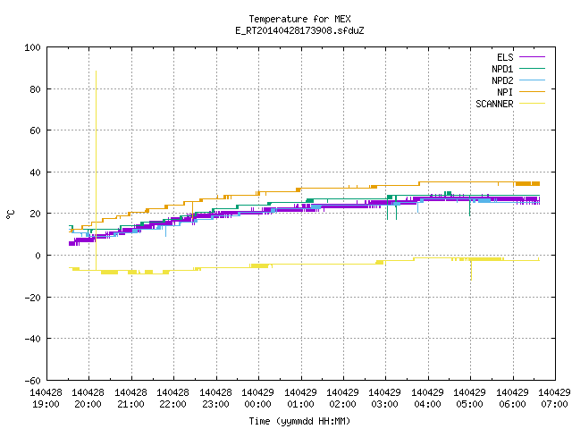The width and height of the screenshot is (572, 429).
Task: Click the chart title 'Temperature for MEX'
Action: point(299,19)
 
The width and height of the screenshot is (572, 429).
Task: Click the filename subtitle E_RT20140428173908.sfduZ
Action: point(299,30)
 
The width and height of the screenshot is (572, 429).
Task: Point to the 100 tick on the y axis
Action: point(32,47)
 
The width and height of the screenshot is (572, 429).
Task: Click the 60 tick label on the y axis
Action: point(35,130)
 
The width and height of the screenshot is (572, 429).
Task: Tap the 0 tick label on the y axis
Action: point(38,256)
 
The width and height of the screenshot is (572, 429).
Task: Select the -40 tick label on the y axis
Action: point(32,339)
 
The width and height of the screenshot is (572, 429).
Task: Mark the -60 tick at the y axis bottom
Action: point(32,381)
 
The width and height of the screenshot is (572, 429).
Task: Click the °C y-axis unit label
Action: point(10,214)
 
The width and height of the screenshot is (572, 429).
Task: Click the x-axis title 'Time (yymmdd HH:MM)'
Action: point(299,421)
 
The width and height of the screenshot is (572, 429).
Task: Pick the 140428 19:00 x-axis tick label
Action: point(46,399)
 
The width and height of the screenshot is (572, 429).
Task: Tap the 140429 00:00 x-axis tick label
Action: point(258,399)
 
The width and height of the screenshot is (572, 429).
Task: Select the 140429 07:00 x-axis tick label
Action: point(554,399)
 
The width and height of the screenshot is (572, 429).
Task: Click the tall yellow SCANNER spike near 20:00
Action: point(96,171)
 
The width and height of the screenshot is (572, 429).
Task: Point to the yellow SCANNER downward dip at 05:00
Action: point(471,270)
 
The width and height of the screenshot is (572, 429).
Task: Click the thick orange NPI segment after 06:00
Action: point(527,184)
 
